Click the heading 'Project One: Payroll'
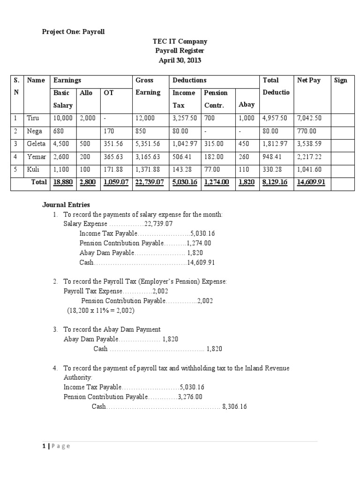[x=74, y=32]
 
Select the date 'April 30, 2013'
[x=180, y=60]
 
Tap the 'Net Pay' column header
[x=308, y=80]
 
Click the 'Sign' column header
[x=341, y=80]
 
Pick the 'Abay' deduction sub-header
[x=247, y=105]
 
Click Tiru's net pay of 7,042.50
[x=308, y=118]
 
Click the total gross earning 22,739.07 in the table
[x=149, y=182]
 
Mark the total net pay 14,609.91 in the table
[x=311, y=182]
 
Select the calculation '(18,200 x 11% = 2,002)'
[x=100, y=311]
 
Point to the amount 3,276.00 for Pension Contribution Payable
[x=190, y=397]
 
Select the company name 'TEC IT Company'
[x=180, y=41]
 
